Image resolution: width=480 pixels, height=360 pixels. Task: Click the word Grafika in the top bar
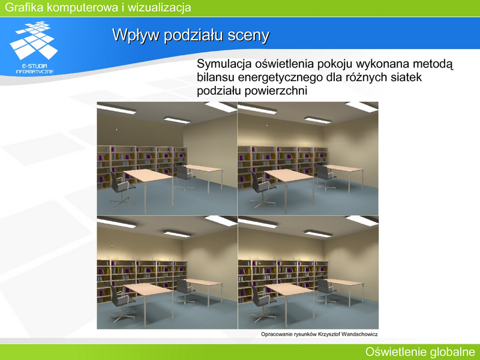click(x=24, y=7)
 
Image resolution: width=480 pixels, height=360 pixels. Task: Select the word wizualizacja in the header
click(x=159, y=7)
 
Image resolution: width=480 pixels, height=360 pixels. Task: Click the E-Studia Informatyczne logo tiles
click(x=34, y=40)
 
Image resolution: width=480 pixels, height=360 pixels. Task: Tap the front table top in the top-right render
click(x=289, y=176)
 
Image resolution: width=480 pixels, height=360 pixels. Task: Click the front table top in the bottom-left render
click(x=148, y=289)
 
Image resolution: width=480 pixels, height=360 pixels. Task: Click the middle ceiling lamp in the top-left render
click(x=177, y=119)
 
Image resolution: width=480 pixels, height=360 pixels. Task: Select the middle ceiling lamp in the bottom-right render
click(x=318, y=234)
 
